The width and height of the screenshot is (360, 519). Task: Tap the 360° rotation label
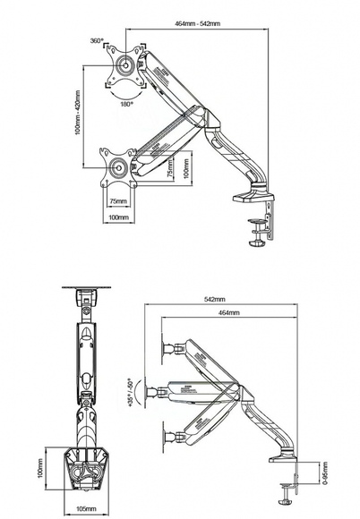(97, 41)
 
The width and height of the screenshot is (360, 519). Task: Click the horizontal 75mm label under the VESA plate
(117, 201)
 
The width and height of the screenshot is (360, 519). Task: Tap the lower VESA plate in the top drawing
(118, 167)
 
